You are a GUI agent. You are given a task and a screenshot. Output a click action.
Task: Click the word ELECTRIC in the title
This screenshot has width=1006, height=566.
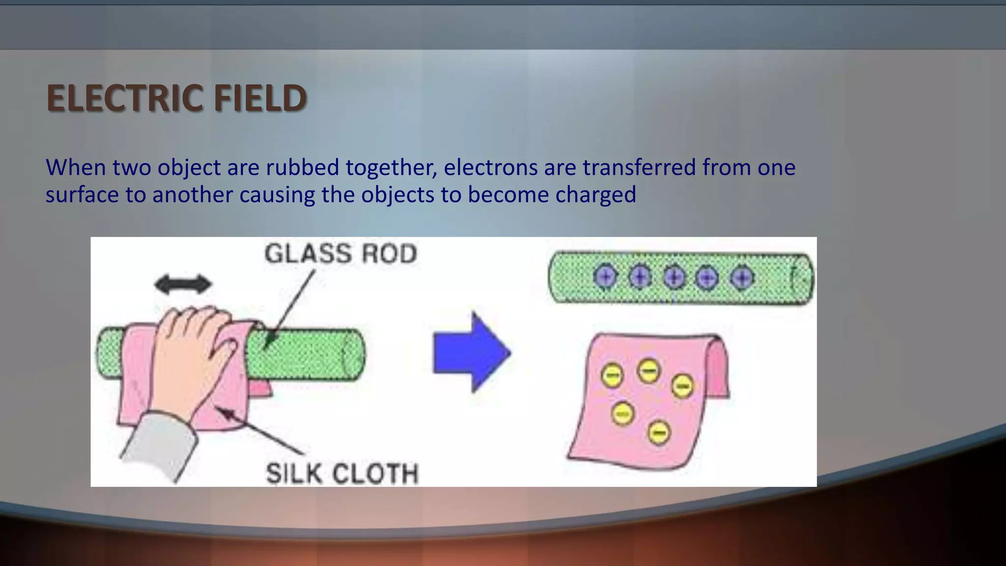(x=125, y=98)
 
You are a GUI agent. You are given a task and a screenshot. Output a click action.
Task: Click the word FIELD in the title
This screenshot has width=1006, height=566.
(x=260, y=98)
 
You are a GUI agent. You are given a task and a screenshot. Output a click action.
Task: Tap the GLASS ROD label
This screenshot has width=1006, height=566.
(x=340, y=254)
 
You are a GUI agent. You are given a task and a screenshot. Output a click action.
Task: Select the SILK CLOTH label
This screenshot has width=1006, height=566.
(x=342, y=474)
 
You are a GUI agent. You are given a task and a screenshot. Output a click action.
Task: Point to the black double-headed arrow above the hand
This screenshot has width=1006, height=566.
(x=183, y=284)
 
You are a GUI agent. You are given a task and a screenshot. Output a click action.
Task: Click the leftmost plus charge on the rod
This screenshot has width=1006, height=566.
(x=605, y=277)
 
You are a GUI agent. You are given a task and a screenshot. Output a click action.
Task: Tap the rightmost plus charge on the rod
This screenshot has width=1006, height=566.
(x=742, y=278)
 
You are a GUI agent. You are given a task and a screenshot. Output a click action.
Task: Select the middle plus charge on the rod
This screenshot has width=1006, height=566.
(x=674, y=278)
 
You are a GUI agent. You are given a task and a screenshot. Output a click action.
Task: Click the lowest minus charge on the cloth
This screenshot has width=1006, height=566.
(x=659, y=433)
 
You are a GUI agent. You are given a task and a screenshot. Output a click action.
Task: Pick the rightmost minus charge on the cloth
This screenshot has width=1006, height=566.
(x=682, y=386)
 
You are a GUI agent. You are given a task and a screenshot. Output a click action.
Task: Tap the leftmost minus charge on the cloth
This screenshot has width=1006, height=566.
(x=612, y=376)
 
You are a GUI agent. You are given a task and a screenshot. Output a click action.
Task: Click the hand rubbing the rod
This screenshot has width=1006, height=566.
(x=189, y=359)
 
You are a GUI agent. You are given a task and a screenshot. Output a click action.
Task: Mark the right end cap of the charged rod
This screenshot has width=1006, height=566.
(x=802, y=279)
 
